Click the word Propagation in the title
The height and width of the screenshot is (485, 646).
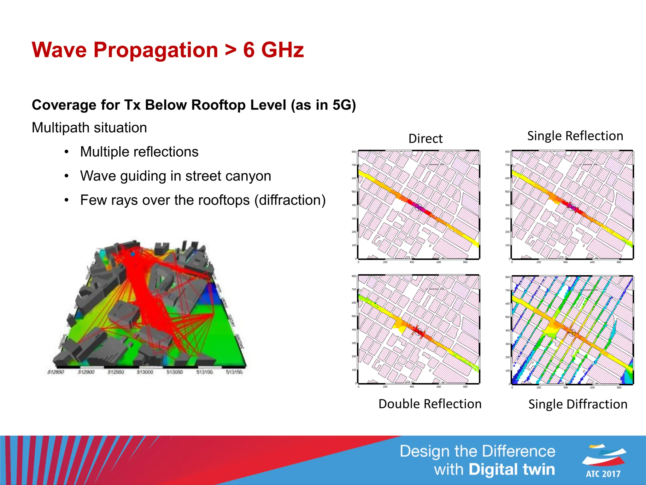(x=156, y=50)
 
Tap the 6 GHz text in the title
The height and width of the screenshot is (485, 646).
(x=273, y=50)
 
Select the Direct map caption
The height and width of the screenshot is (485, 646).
(x=425, y=139)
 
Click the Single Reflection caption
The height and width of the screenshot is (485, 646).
(x=575, y=136)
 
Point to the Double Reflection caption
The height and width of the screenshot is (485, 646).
(x=430, y=404)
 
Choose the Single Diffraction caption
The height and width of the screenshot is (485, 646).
(x=578, y=404)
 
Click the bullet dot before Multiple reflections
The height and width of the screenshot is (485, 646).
(x=66, y=152)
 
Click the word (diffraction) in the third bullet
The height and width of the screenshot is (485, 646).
(x=290, y=200)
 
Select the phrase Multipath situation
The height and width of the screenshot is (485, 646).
(x=89, y=128)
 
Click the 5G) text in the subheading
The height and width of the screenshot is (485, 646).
(x=344, y=105)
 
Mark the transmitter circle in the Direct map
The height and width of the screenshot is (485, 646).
(x=418, y=207)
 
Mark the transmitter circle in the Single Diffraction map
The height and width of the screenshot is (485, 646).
(x=572, y=332)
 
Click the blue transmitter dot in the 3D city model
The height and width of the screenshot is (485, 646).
(x=133, y=254)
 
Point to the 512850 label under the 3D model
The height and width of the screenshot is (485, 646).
(x=56, y=372)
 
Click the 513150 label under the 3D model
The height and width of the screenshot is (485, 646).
(x=234, y=372)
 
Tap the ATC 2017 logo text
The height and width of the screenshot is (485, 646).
(x=603, y=474)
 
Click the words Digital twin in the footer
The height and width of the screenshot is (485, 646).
(x=511, y=469)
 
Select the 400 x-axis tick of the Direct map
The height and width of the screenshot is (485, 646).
(x=412, y=262)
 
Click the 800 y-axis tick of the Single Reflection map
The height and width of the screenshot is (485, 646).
(x=507, y=152)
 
